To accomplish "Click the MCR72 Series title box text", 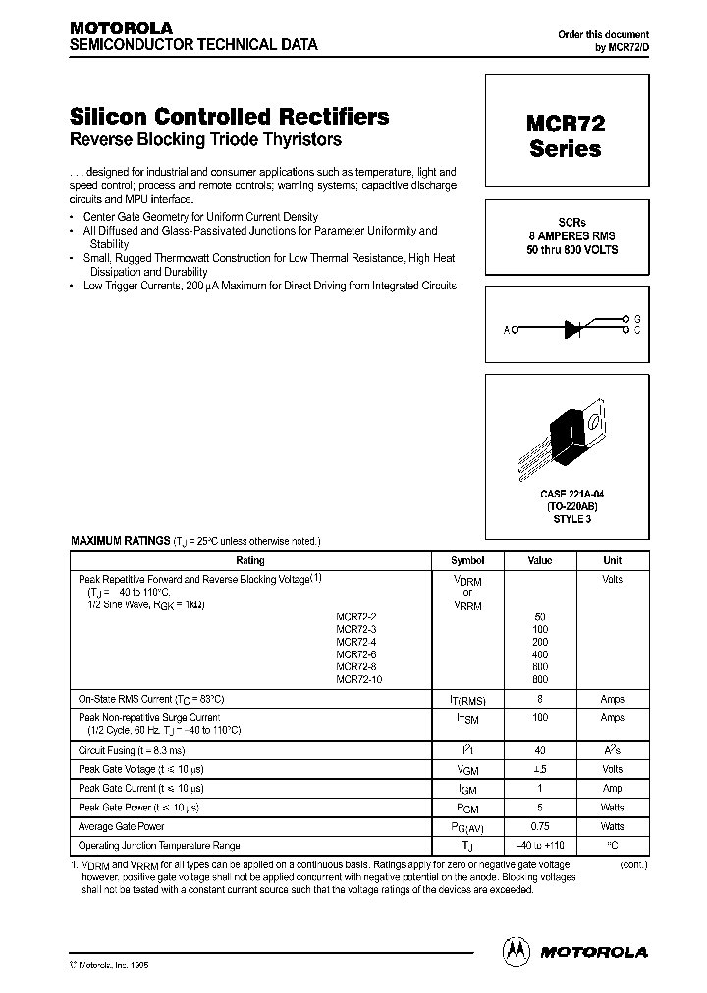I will click(565, 136).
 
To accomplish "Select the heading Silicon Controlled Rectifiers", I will click(230, 116).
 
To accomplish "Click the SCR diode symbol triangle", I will click(574, 330).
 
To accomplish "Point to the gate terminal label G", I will click(637, 319).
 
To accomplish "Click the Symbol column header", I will click(466, 560).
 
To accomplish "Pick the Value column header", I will click(540, 560).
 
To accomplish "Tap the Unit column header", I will click(612, 560).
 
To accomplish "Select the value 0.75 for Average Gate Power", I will click(540, 826).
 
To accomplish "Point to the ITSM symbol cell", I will click(466, 720).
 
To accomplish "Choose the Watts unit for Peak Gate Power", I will click(612, 808).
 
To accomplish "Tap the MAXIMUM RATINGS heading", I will click(120, 541).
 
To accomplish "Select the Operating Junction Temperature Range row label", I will click(159, 845).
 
